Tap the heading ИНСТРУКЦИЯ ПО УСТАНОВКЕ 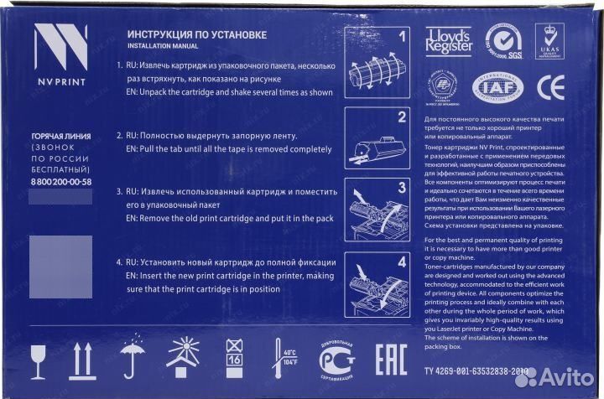pyautogui.click(x=196, y=34)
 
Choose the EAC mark pyautogui.click(x=384, y=358)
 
